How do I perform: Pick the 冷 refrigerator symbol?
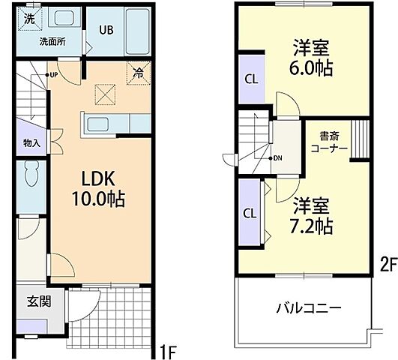click(x=138, y=73)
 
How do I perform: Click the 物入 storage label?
click(x=31, y=142)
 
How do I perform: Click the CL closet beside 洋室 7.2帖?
click(x=250, y=211)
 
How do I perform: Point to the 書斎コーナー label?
click(x=328, y=142)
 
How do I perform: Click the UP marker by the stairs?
click(x=54, y=75)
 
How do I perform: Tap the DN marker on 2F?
click(x=276, y=159)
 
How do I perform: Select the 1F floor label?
click(x=169, y=349)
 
